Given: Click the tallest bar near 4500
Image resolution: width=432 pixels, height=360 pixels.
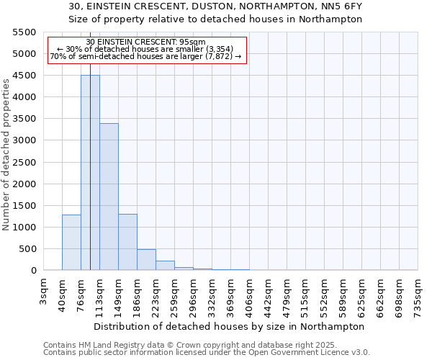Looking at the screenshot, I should coord(90,173).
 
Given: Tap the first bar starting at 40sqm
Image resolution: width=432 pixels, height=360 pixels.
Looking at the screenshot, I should coord(71,243).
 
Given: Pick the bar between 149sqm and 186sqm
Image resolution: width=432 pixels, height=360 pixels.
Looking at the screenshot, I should coord(127,242).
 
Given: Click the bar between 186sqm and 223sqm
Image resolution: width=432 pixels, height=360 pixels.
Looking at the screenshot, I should coord(146,260).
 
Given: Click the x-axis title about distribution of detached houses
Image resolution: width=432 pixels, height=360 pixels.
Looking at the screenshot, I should coord(230,326).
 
